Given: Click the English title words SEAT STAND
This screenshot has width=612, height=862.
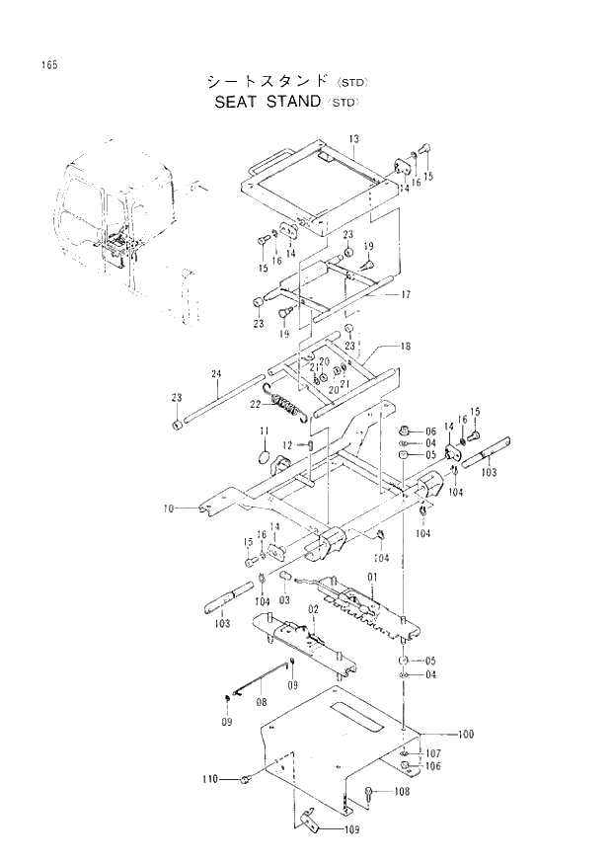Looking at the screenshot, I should coord(267,101).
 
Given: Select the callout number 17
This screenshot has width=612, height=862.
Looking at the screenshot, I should coord(405,293).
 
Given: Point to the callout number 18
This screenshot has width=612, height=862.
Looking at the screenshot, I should coord(405,347).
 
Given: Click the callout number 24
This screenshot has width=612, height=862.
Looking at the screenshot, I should coord(216,373).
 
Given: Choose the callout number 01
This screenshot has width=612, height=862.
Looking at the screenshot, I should coord(374,577).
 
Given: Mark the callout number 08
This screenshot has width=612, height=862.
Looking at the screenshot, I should coord(261,702).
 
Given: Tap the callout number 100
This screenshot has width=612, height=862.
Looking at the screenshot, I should coord(466,735).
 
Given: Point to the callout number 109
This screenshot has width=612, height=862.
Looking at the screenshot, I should coord(352,829).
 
